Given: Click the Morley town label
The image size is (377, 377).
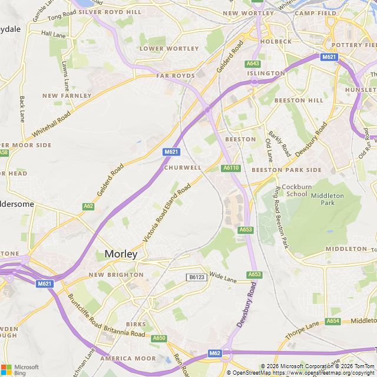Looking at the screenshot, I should [x=121, y=254].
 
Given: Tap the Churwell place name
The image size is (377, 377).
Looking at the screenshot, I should [x=183, y=168].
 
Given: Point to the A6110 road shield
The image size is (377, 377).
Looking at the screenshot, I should [x=232, y=168].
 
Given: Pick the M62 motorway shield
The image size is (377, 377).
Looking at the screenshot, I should [x=215, y=353].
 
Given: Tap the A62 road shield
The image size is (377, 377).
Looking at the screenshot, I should [x=88, y=206].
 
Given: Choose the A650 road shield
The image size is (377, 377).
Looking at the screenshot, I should [x=159, y=338].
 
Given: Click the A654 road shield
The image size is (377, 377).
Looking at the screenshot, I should [x=333, y=321].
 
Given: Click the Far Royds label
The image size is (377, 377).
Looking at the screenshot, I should [x=176, y=76].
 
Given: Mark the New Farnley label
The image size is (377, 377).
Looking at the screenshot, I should [x=67, y=95].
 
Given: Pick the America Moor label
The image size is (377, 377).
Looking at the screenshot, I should [x=128, y=358].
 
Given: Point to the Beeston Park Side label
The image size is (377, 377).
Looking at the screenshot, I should [x=287, y=170].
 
